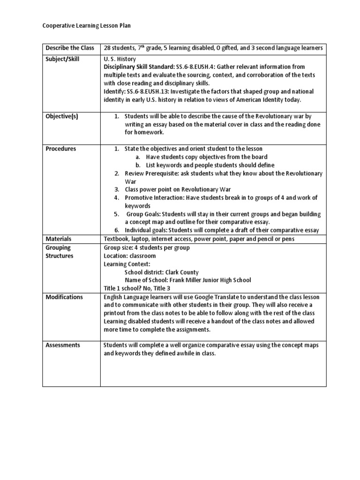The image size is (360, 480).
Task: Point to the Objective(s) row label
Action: click(x=62, y=116)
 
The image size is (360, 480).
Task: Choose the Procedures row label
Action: click(x=61, y=149)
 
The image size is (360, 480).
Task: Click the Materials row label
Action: click(x=59, y=239)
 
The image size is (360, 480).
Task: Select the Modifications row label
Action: click(x=64, y=297)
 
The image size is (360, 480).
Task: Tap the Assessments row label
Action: click(x=63, y=345)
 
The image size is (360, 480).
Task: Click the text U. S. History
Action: click(x=120, y=60)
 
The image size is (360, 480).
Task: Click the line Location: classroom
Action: click(x=130, y=256)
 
